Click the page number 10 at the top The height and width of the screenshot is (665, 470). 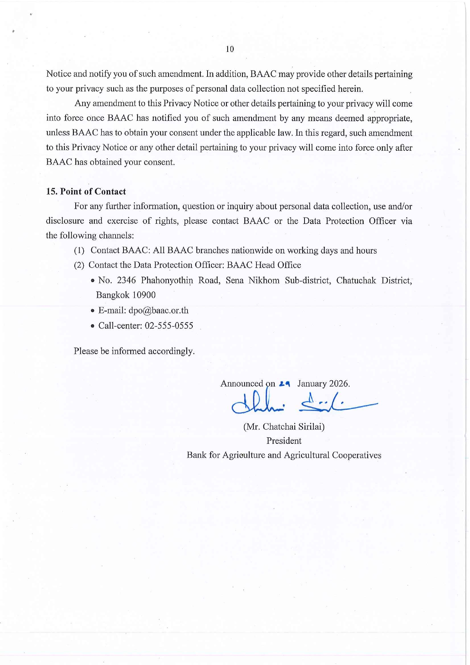click(x=230, y=49)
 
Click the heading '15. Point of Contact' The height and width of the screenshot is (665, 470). click(x=86, y=191)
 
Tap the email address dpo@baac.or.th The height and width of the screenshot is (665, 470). click(x=158, y=310)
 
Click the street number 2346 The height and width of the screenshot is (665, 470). click(x=126, y=280)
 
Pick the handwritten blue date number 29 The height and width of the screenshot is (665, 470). click(x=284, y=384)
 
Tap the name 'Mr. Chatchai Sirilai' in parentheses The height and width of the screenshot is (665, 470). click(x=284, y=427)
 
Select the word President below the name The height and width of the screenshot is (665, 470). click(x=284, y=441)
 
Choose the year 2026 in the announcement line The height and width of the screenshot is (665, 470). click(x=339, y=383)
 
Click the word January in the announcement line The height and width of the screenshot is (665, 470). click(x=312, y=383)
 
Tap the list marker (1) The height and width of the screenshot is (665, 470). click(x=79, y=250)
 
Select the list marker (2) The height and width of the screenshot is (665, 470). click(x=79, y=265)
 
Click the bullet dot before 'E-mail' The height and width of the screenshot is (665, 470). click(x=93, y=311)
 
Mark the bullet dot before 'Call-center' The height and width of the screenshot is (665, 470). click(x=93, y=326)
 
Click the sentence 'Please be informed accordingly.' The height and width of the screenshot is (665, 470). click(x=134, y=351)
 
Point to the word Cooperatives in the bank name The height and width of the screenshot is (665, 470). click(x=356, y=455)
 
